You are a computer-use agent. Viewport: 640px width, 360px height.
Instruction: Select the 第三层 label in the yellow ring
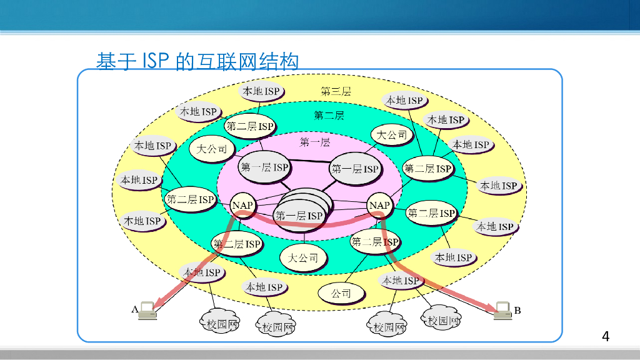pos(336,91)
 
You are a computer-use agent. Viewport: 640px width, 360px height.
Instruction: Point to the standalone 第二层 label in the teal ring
pos(329,116)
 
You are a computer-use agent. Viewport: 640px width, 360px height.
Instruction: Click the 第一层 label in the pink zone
pos(315,142)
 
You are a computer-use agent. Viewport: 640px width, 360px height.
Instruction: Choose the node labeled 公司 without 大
pos(341,292)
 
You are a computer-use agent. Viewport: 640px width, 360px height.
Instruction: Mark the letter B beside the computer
pos(517,309)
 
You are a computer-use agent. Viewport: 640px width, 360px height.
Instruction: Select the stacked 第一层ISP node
pos(300,215)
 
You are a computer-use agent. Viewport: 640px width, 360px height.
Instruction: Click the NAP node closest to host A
pos(242,204)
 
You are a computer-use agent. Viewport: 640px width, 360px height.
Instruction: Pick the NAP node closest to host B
pos(379,205)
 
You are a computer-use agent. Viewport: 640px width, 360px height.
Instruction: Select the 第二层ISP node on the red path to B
pos(375,242)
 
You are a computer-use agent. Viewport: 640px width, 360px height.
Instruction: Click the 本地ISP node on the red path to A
pos(201,272)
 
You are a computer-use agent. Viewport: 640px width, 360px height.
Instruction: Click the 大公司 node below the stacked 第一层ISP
pos(303,257)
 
